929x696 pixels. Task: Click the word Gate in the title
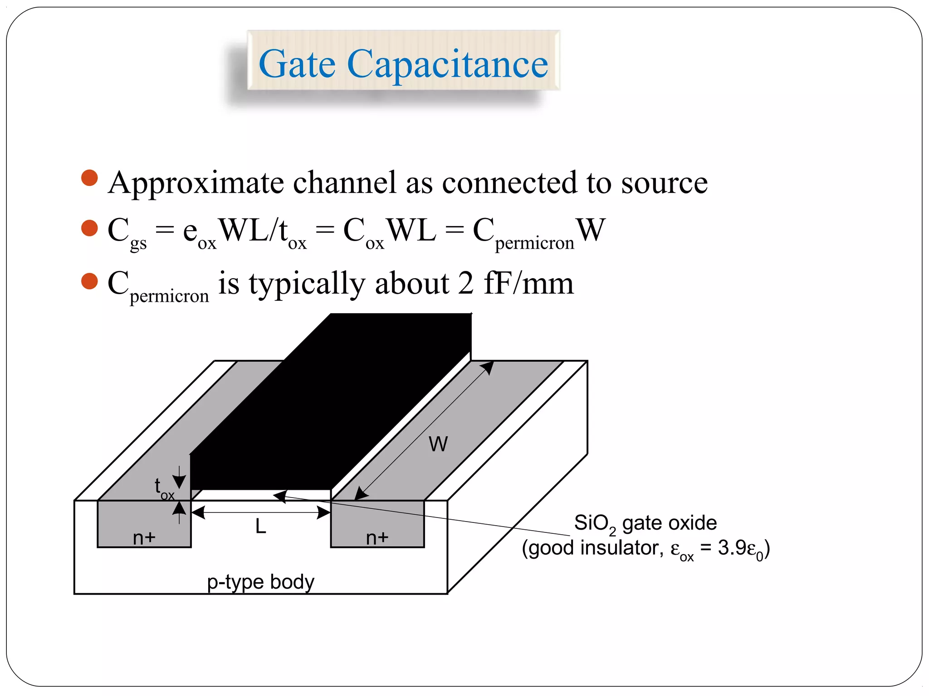297,64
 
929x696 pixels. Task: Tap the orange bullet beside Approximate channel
89,178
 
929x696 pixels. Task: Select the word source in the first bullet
664,183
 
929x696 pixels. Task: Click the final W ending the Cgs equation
591,230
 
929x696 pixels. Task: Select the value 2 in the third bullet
466,284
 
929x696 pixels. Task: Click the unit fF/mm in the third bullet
528,284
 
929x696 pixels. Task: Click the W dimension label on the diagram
438,444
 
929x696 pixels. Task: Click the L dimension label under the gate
260,527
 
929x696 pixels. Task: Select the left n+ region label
144,538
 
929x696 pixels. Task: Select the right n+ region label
377,538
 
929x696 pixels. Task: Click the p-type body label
260,582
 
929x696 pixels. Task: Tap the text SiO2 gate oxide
645,523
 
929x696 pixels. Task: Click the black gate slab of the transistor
331,408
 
